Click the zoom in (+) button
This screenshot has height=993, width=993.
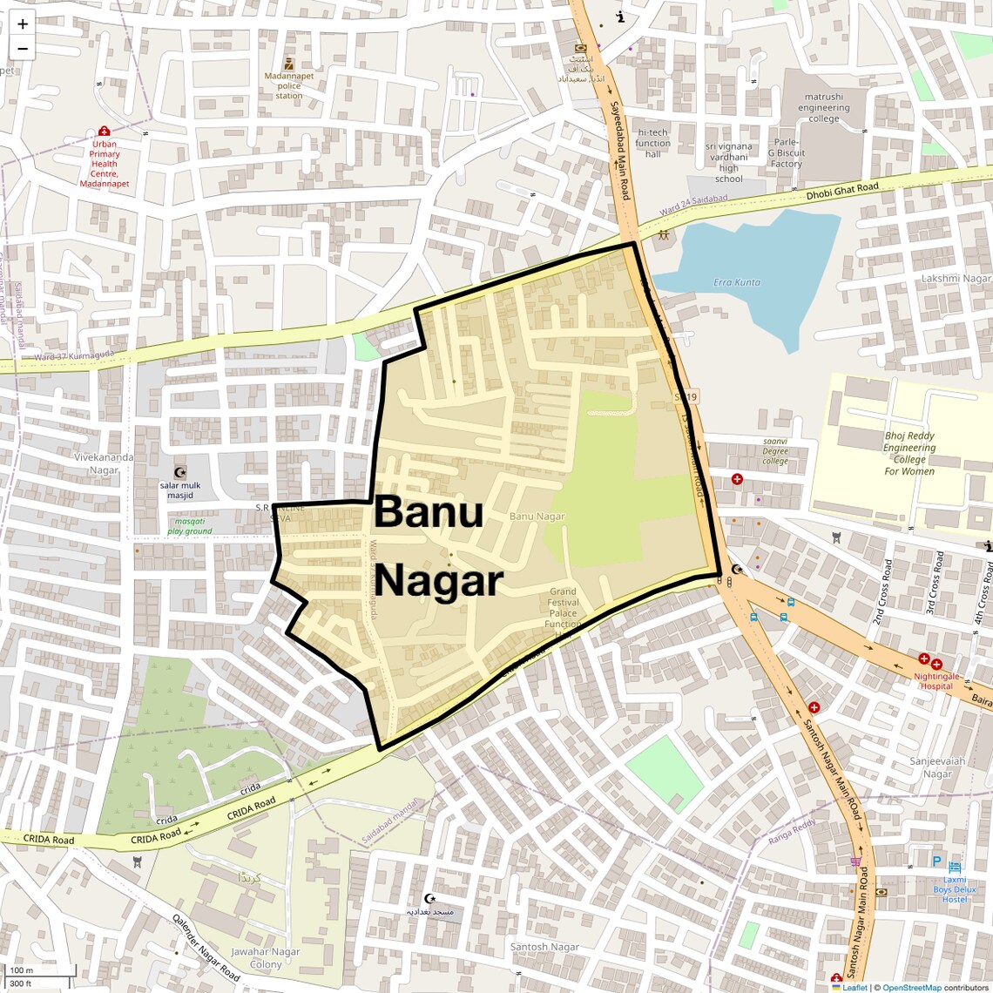click(x=23, y=24)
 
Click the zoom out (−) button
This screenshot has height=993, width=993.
click(x=23, y=49)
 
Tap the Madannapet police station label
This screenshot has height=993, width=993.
click(x=289, y=85)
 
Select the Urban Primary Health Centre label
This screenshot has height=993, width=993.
click(x=105, y=164)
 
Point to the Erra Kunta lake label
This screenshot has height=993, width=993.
click(x=736, y=282)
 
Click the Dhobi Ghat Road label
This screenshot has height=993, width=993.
click(x=841, y=189)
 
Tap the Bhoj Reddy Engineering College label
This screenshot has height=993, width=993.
click(x=909, y=453)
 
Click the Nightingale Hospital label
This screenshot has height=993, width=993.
click(x=936, y=680)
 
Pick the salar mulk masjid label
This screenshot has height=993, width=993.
click(x=180, y=490)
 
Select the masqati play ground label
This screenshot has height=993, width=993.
click(x=189, y=526)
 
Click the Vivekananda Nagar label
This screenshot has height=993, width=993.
click(x=104, y=463)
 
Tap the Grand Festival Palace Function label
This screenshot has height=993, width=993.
click(x=563, y=608)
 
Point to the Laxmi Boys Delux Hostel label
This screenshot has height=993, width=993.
click(x=954, y=889)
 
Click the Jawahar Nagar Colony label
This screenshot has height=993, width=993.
click(x=265, y=958)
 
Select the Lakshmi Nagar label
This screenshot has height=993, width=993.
click(x=956, y=279)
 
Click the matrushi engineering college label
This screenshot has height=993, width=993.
click(x=823, y=108)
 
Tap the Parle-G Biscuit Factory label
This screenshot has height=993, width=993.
click(x=786, y=152)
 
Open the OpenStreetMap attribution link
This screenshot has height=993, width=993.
click(x=911, y=987)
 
